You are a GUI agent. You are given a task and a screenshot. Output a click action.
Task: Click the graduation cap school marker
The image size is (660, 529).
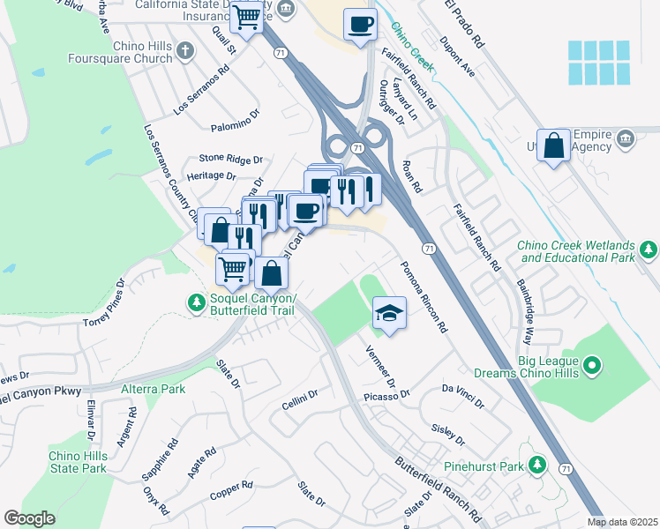click(x=387, y=314)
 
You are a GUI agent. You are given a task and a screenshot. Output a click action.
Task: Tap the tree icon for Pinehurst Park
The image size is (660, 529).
click(x=536, y=465)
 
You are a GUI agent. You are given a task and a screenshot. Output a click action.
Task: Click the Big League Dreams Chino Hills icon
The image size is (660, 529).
click(x=593, y=363)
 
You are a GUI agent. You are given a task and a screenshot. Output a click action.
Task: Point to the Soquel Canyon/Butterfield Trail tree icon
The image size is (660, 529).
click(x=196, y=302)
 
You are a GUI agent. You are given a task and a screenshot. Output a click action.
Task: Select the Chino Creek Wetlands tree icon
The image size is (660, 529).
click(x=649, y=250)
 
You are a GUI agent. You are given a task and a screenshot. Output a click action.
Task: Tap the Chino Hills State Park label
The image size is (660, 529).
click(x=78, y=461)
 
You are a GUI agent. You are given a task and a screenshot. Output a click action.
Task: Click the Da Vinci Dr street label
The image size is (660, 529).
click(x=463, y=394)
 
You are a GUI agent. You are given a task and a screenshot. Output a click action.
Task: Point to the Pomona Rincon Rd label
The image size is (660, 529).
click(x=424, y=296)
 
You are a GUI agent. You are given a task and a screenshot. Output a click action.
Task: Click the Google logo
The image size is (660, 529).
click(x=29, y=518)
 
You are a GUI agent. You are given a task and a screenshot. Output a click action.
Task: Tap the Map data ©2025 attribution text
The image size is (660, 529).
click(x=621, y=522)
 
